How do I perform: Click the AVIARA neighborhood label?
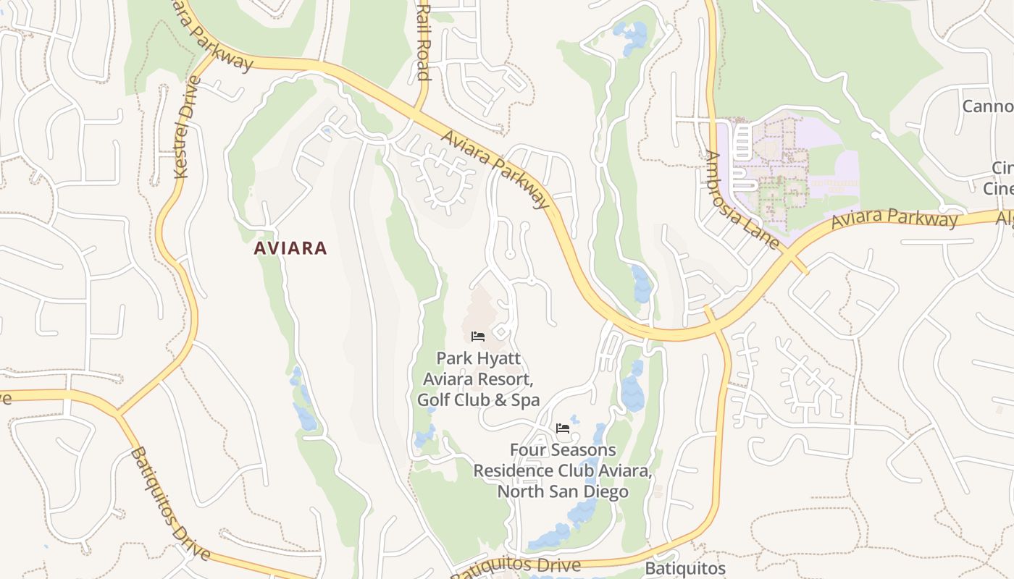click(x=290, y=248)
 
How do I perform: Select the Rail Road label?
click(x=424, y=42)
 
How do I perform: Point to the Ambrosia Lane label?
click(x=742, y=200)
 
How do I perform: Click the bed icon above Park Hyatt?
click(x=478, y=336)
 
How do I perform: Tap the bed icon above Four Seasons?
click(x=562, y=428)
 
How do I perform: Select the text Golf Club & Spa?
click(x=478, y=400)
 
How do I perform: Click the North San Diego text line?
click(x=562, y=491)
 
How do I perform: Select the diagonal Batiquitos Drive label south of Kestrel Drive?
click(x=171, y=504)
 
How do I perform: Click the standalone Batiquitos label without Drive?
click(x=685, y=569)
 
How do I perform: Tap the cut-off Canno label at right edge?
click(x=987, y=107)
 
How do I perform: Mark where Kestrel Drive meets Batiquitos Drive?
click(x=117, y=415)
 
